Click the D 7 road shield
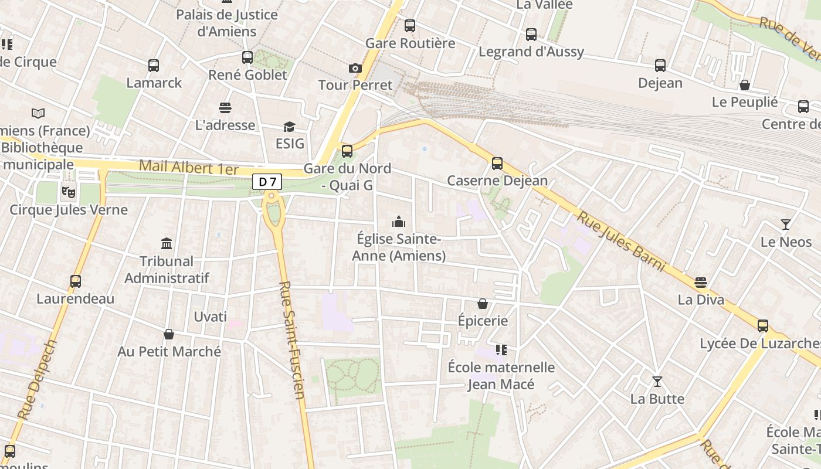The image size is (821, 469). pyautogui.click(x=267, y=182)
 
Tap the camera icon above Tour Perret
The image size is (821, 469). pyautogui.click(x=355, y=68)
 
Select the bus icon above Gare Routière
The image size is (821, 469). pyautogui.click(x=410, y=26)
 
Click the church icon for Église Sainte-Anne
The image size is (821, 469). pyautogui.click(x=399, y=222)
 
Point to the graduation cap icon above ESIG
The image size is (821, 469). pyautogui.click(x=289, y=127)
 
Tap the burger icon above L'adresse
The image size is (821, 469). pyautogui.click(x=225, y=107)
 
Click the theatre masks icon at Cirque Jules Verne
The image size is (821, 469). pyautogui.click(x=69, y=191)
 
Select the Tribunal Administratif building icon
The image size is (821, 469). pyautogui.click(x=167, y=243)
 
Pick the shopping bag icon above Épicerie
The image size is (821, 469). pyautogui.click(x=483, y=303)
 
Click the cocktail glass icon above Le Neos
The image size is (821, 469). pyautogui.click(x=786, y=224)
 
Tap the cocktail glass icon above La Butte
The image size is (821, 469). pyautogui.click(x=657, y=382)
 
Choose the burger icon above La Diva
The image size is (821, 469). pyautogui.click(x=701, y=283)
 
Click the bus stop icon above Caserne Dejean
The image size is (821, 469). pyautogui.click(x=497, y=163)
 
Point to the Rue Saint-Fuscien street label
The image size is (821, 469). pyautogui.click(x=292, y=340)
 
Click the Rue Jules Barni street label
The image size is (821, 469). pyautogui.click(x=622, y=242)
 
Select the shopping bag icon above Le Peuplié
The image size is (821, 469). pyautogui.click(x=745, y=85)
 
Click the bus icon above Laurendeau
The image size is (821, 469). pyautogui.click(x=76, y=281)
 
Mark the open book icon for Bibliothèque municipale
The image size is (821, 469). pyautogui.click(x=38, y=113)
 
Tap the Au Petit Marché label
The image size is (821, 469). pyautogui.click(x=169, y=351)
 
